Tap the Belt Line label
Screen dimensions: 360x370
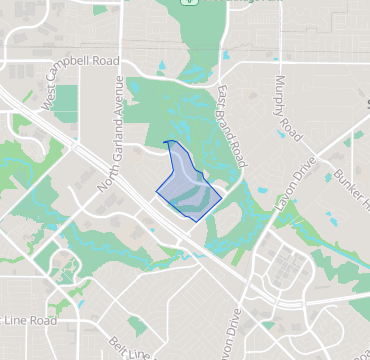coord(135,349)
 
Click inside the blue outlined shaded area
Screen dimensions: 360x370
coord(187,187)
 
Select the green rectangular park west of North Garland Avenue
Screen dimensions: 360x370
coord(66,101)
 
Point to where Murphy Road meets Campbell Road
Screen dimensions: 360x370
coord(273,72)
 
